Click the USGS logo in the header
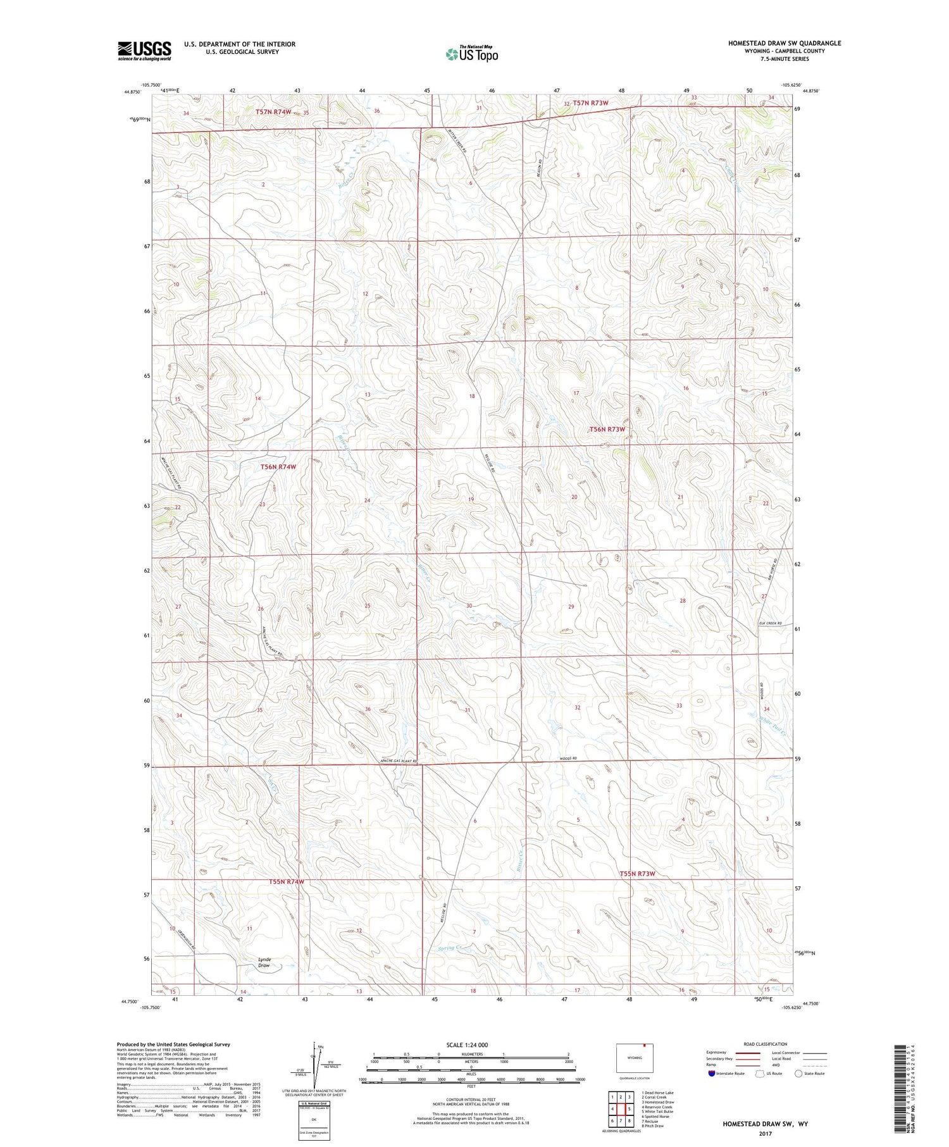144,51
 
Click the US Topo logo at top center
471,54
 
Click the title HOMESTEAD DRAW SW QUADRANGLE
784,43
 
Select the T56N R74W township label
278,467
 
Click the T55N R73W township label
637,874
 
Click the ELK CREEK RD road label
770,624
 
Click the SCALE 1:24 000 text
467,1045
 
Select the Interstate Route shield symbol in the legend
712,1074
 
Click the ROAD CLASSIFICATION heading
766,1044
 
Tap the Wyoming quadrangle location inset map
634,1058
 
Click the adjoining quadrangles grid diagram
621,1104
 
